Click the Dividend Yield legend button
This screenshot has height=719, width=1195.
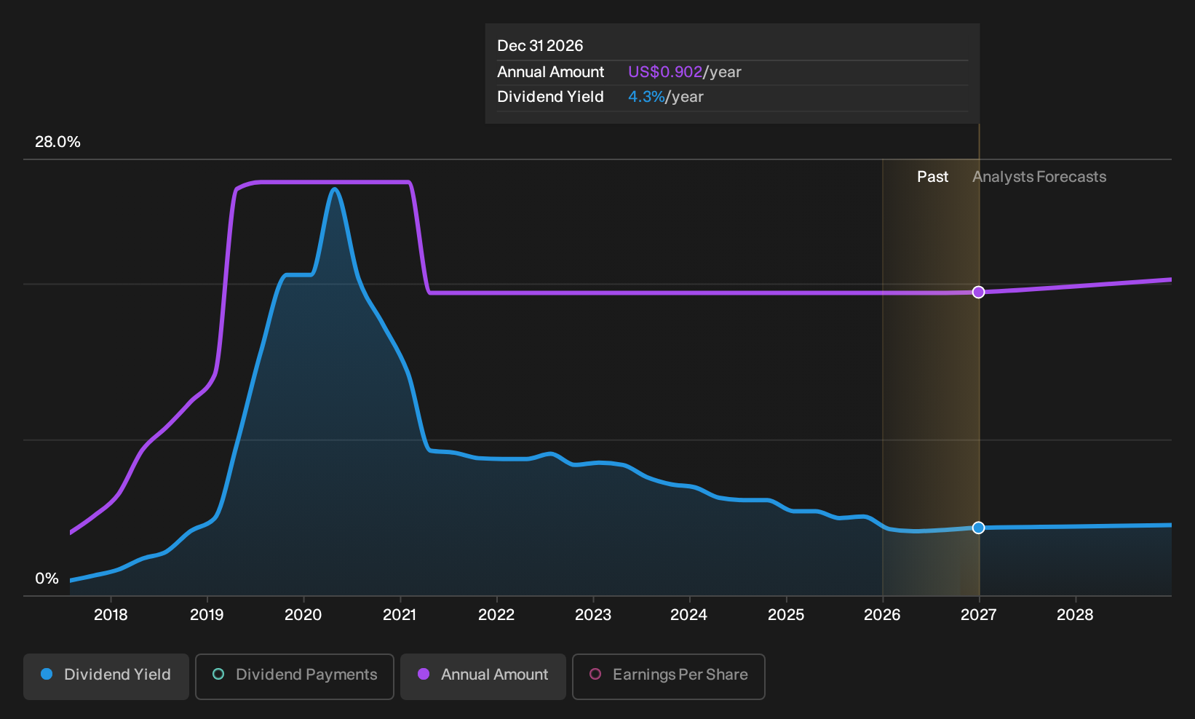[x=106, y=676]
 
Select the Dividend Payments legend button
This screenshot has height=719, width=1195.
[x=295, y=676]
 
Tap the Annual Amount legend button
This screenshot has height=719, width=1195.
[x=483, y=676]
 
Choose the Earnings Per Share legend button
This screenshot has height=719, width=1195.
[x=668, y=676]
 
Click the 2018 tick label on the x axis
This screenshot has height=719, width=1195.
[x=111, y=615]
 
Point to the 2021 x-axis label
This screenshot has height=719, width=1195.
[x=400, y=615]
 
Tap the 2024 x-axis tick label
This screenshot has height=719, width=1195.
[x=688, y=615]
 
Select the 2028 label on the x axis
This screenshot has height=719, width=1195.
[x=1075, y=615]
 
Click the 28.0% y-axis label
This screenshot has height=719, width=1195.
[x=57, y=142]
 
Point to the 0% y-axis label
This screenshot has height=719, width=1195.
[x=47, y=579]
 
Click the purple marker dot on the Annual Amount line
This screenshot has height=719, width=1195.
[x=978, y=293]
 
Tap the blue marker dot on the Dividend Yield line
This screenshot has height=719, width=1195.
[x=978, y=528]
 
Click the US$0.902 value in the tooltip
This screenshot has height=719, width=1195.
[x=664, y=72]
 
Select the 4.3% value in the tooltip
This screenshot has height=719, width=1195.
[x=646, y=97]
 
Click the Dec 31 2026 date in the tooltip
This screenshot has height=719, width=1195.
[x=540, y=46]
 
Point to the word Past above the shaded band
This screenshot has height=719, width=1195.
[x=932, y=177]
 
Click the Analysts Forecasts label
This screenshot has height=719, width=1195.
[x=1039, y=177]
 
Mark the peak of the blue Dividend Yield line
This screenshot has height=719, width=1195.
[x=335, y=188]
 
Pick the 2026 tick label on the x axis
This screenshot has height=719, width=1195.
[x=882, y=615]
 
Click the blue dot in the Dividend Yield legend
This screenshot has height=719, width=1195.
[x=47, y=674]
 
